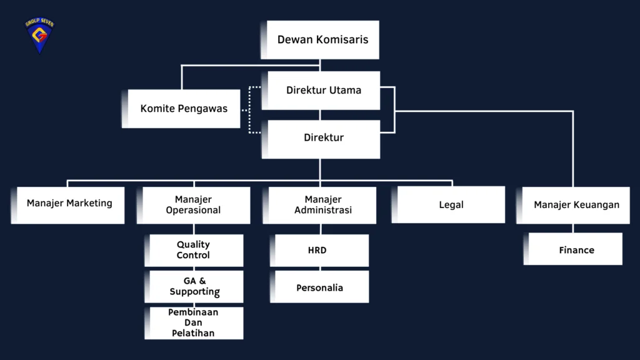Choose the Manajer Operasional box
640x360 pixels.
tap(193, 205)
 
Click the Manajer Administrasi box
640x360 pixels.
tap(320, 205)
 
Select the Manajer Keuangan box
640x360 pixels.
tap(573, 205)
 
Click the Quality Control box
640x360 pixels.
tap(194, 250)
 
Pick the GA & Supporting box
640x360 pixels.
tap(194, 286)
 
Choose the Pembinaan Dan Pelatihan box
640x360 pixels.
tap(194, 323)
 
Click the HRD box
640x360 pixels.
tap(319, 250)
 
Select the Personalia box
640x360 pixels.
tap(319, 287)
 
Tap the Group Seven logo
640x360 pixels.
tap(39, 36)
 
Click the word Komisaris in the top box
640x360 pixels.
tap(341, 40)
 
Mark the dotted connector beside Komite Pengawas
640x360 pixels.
tap(250, 109)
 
